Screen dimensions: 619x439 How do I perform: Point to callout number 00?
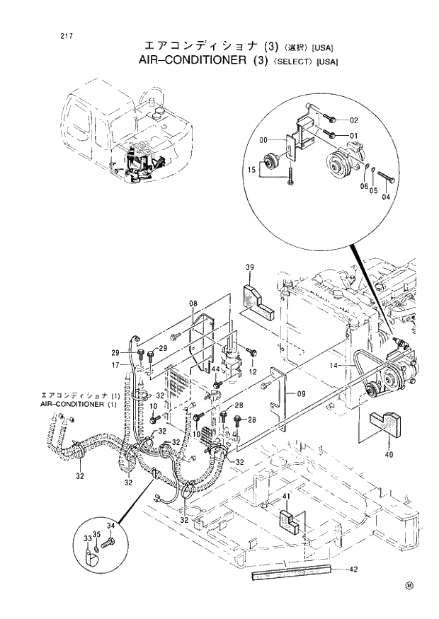tap(263, 139)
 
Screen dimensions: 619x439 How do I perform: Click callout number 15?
tap(251, 170)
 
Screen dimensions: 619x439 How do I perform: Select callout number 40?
tap(388, 455)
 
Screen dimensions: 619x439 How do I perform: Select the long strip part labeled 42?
tap(290, 574)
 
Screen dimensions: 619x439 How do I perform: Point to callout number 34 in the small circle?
tap(110, 526)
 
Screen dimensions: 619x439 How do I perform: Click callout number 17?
tap(115, 366)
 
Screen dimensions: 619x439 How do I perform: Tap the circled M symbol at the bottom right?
tap(410, 585)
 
